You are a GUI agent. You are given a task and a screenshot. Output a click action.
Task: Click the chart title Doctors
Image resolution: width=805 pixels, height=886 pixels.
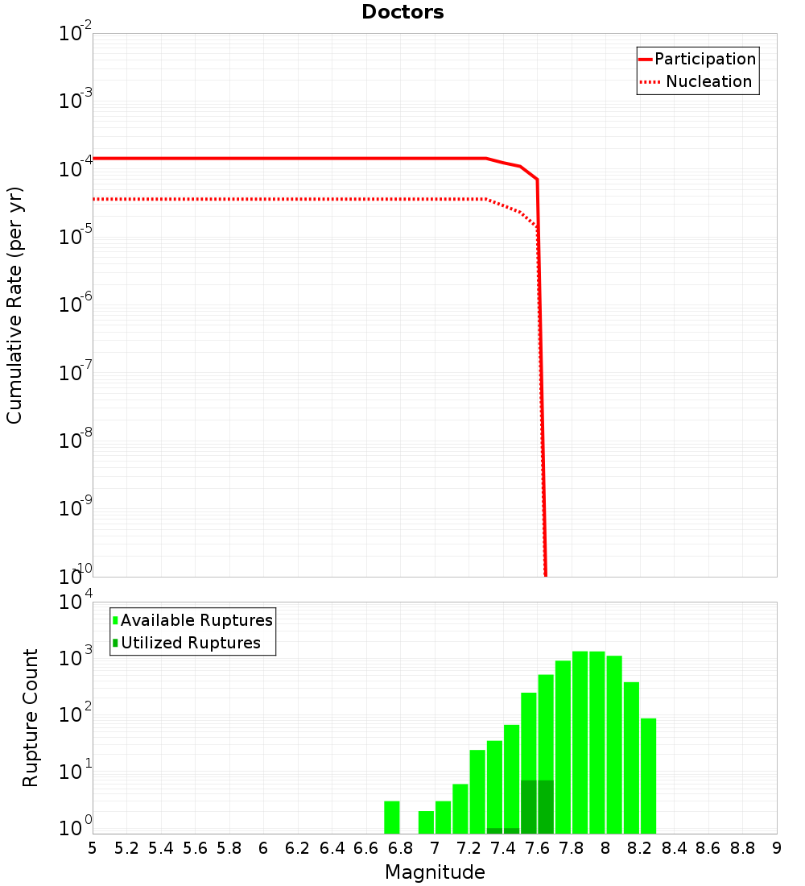(x=402, y=12)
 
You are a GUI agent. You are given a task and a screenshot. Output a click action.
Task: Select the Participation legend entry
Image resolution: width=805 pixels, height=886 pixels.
(x=704, y=59)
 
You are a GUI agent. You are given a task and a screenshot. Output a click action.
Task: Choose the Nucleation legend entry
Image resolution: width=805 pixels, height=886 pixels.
(x=708, y=81)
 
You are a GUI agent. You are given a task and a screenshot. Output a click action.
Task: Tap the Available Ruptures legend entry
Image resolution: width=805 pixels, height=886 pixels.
(x=196, y=620)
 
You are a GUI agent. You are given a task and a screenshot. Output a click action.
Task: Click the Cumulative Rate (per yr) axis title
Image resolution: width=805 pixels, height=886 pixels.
(x=14, y=304)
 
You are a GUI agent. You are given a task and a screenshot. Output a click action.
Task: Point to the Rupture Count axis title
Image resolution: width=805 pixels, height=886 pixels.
(x=31, y=718)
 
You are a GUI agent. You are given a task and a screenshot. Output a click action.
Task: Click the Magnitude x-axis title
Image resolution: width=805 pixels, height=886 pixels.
(x=435, y=872)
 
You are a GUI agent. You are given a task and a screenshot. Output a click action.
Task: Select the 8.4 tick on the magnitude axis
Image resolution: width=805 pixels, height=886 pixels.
(x=674, y=847)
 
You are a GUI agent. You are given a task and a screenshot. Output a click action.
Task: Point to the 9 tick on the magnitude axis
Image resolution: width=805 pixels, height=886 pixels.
(x=777, y=847)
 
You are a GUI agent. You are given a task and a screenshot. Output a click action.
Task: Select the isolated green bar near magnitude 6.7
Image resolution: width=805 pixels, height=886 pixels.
(x=392, y=817)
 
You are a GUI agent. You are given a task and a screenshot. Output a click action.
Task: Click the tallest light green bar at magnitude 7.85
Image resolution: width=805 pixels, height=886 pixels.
(x=580, y=741)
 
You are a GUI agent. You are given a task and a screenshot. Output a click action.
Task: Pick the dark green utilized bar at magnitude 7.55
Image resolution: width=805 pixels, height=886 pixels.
(x=529, y=805)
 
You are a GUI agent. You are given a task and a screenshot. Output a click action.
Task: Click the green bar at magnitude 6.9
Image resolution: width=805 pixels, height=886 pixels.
(x=426, y=822)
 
